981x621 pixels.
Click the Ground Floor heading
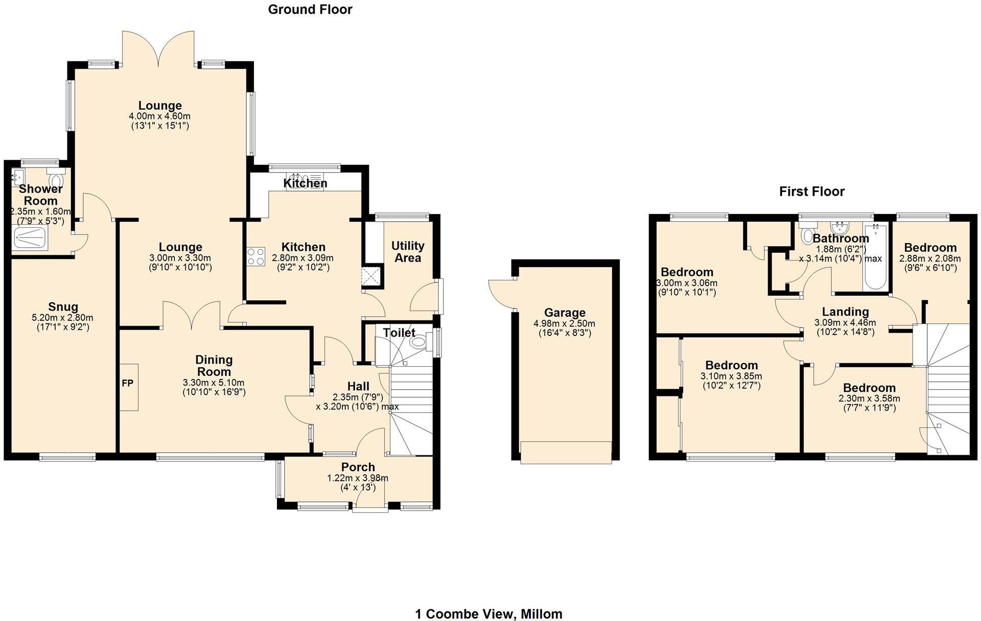(310, 9)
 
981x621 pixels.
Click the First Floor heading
(811, 192)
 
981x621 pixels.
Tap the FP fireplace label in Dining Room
(127, 383)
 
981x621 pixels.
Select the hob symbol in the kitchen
(256, 256)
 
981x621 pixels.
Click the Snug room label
(63, 306)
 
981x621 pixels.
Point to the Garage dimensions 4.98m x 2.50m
(564, 324)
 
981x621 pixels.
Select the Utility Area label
(407, 252)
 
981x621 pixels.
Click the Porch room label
(358, 467)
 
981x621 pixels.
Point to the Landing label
(845, 312)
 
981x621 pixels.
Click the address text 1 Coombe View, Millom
(488, 614)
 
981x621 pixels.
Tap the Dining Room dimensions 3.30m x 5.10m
(214, 383)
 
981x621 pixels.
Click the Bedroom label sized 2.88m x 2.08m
(930, 248)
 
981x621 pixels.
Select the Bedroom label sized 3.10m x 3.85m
(731, 365)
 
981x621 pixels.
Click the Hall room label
(358, 386)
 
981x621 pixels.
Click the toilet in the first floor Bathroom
(807, 235)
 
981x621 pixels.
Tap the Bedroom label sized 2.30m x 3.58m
(869, 388)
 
